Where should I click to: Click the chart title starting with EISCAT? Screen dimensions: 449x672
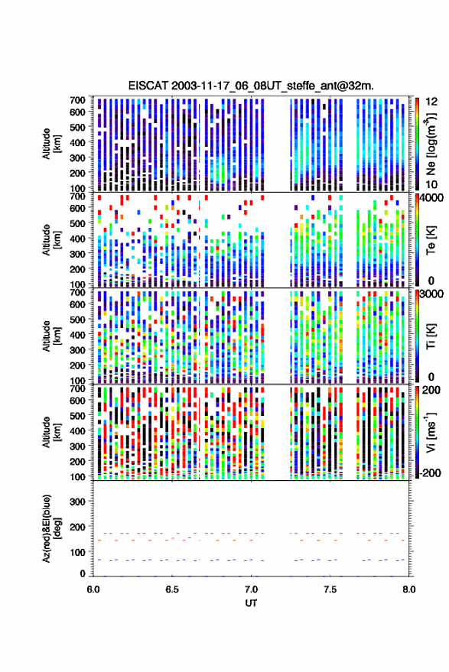tap(251, 86)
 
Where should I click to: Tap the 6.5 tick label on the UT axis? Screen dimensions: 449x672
tap(171, 589)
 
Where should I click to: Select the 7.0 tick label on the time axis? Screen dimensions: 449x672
tap(251, 589)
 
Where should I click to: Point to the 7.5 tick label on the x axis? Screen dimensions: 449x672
tap(330, 589)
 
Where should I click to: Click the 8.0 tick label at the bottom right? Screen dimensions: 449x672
tap(408, 589)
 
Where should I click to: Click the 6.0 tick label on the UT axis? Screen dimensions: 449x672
tap(93, 589)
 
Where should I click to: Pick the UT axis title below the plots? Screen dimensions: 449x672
tap(251, 603)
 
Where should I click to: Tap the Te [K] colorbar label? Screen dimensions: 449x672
tap(431, 240)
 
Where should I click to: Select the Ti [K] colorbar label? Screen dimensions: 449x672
tap(431, 336)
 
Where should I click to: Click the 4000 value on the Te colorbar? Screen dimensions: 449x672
tap(431, 199)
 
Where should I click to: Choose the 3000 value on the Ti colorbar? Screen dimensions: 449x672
tap(431, 294)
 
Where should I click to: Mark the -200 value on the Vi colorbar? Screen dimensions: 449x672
tap(430, 473)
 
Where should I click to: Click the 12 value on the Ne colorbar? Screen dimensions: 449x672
tap(431, 101)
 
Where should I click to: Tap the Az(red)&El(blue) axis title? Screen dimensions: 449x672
tap(51, 529)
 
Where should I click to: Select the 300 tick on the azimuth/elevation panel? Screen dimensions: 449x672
tap(77, 502)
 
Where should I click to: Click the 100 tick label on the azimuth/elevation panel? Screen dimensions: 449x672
tap(77, 552)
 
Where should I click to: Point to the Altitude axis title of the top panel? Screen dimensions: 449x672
tap(51, 144)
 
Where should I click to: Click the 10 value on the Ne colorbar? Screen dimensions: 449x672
tap(431, 185)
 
